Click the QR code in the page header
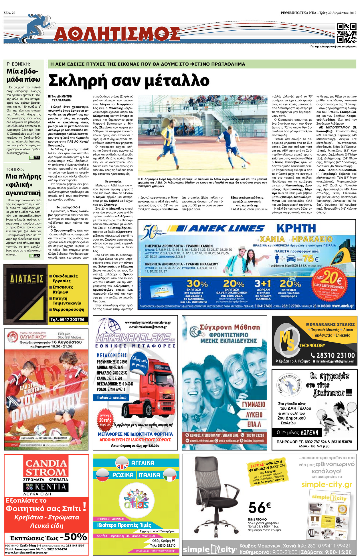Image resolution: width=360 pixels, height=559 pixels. (x=347, y=33)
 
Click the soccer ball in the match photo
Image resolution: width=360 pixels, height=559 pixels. (x=243, y=166)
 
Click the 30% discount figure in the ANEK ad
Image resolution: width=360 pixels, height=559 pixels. (x=197, y=284)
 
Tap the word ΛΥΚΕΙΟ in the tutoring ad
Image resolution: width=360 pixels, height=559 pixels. (x=254, y=415)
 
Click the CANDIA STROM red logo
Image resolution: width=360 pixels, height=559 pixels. (x=46, y=468)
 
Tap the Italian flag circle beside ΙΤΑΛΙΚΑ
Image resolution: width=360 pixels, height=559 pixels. (x=169, y=475)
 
